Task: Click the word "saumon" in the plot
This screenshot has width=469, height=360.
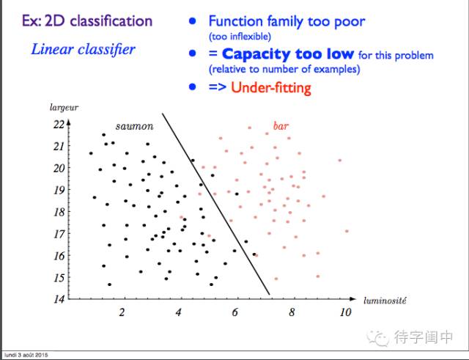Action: point(134,126)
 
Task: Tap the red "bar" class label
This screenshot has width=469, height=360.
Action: point(281,125)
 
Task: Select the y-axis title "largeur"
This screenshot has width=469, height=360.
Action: point(64,108)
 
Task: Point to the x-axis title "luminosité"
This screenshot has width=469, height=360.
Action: point(385,300)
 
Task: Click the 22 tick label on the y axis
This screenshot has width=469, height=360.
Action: point(59,124)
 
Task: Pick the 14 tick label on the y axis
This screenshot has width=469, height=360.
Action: point(59,299)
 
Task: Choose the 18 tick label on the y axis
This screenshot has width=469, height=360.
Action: point(59,212)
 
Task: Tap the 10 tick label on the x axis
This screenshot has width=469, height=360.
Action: point(345,312)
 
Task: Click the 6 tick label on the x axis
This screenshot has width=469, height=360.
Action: point(234,312)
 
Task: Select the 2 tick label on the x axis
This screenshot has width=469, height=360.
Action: point(122,312)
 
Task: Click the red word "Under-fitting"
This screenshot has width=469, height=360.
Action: point(270,88)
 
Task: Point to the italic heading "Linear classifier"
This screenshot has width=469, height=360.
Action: point(83,49)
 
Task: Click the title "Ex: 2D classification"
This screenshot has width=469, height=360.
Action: point(87,21)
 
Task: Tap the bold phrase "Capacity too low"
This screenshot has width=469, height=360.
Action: point(288,54)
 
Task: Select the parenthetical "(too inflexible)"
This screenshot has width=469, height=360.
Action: point(240,37)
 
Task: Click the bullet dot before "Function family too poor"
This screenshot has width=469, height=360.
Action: point(192,21)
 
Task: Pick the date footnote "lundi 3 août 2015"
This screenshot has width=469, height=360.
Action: point(26,355)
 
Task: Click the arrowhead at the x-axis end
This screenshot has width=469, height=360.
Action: point(352,298)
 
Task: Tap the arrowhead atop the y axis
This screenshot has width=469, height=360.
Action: point(68,122)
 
